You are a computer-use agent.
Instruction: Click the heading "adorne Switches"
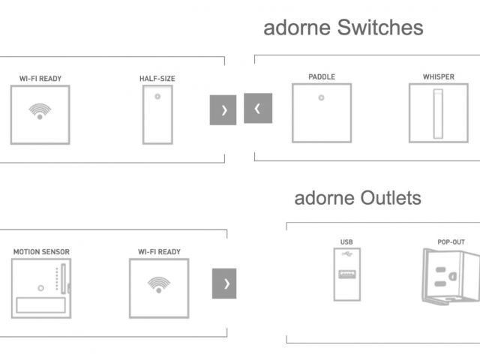point(343,28)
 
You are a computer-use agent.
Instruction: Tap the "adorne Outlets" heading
point(357,198)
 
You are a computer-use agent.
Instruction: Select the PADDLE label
point(321,76)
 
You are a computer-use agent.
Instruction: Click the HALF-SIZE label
point(157,79)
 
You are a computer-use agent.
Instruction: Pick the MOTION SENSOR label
point(41,252)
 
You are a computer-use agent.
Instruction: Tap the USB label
point(346,242)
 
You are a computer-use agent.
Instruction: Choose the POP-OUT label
point(451,242)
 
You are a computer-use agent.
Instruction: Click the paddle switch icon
point(321,112)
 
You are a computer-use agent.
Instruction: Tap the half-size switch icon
point(157,115)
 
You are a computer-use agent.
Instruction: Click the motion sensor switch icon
point(41,288)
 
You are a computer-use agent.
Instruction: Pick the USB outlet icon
point(346,274)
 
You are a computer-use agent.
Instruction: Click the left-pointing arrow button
point(258,108)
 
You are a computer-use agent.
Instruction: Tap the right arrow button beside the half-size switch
point(223,110)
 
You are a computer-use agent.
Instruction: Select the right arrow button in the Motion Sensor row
point(224,283)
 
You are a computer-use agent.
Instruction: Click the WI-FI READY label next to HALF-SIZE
point(40,79)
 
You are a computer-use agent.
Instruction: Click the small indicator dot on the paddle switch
point(321,97)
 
